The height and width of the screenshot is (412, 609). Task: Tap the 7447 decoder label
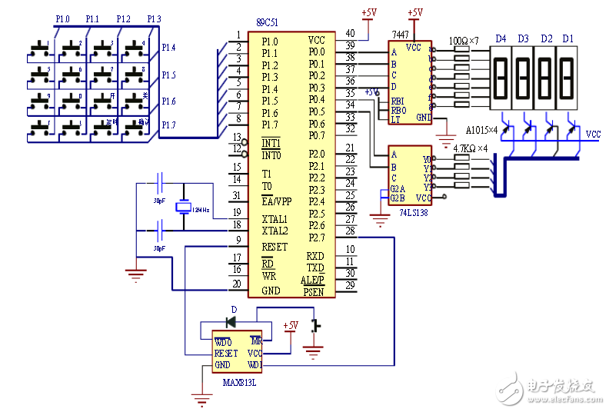tap(401, 35)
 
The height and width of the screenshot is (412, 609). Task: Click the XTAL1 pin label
tap(275, 220)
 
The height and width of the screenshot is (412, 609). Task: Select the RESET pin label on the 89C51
tap(275, 247)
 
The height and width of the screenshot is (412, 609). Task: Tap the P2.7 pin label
tap(316, 238)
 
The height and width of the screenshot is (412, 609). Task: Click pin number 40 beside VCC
tap(350, 34)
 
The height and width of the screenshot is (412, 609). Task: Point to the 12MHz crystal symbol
tap(184, 208)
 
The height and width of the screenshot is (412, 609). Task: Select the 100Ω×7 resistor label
tap(464, 38)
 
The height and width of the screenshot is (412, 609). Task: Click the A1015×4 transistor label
tap(482, 130)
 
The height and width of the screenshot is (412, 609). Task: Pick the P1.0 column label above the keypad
tap(63, 18)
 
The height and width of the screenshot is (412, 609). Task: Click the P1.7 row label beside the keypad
tap(168, 125)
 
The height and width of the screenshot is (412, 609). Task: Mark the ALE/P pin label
tap(312, 280)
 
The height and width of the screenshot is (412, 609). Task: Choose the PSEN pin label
tap(314, 292)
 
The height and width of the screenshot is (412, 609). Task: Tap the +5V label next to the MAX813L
tap(291, 325)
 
